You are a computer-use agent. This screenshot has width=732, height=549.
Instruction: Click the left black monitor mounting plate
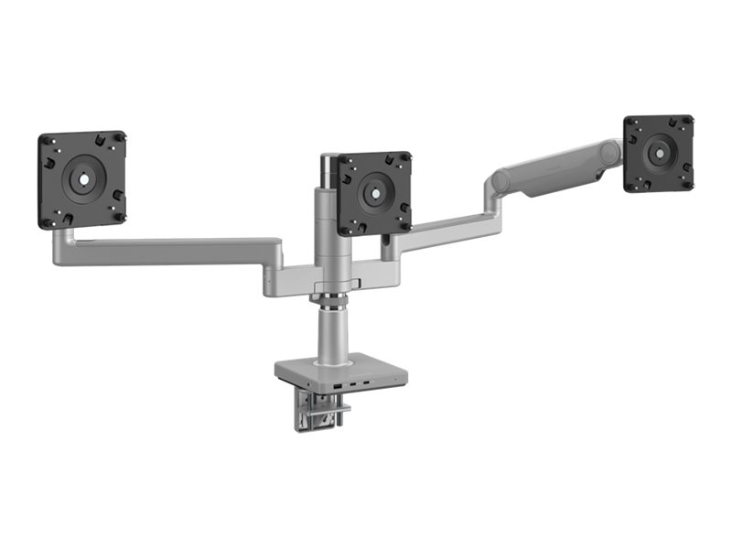tap(81, 179)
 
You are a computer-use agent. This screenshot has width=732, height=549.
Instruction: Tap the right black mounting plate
tap(659, 153)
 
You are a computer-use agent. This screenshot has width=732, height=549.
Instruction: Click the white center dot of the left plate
tap(81, 179)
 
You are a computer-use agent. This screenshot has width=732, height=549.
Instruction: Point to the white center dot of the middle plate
tap(373, 194)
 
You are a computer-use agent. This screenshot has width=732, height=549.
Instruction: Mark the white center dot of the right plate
tap(659, 154)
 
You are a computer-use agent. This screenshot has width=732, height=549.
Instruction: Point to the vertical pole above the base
tap(329, 334)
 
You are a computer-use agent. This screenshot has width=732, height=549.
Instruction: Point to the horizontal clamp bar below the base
tap(319, 414)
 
